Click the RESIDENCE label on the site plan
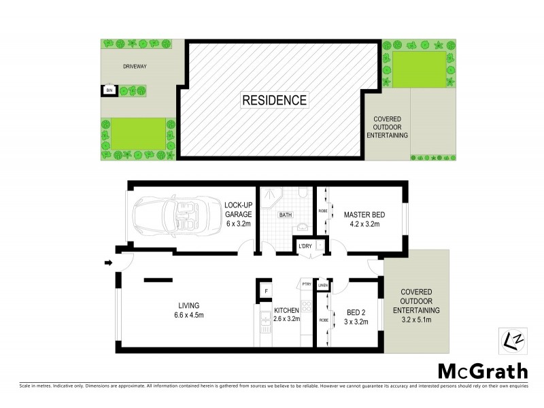point(275,100)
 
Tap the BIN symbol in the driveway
point(109,89)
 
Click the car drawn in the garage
point(165,214)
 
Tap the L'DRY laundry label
point(304,245)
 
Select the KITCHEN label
point(288,309)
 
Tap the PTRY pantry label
point(306,284)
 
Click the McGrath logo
point(481,371)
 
